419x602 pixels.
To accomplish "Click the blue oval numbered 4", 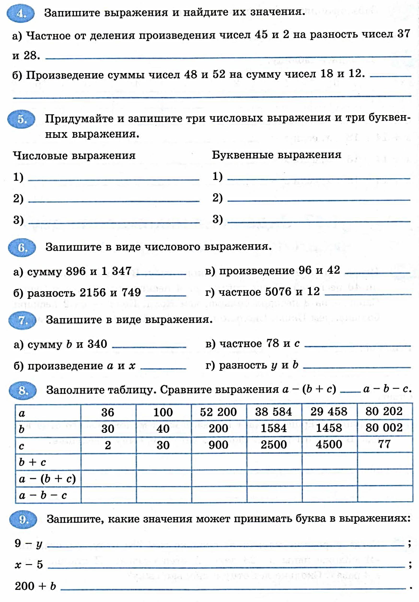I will [x=20, y=13].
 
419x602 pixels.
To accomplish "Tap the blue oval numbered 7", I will [x=22, y=320].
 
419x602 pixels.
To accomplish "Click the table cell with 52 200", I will [x=218, y=412].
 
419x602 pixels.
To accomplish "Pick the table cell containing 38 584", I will [x=274, y=412].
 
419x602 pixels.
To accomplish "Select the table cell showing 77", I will [x=384, y=444].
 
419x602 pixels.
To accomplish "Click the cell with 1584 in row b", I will [x=274, y=428].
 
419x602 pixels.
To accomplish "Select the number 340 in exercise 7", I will [x=97, y=344].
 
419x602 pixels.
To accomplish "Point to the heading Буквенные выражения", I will [x=277, y=155].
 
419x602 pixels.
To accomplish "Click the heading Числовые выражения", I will [x=74, y=156].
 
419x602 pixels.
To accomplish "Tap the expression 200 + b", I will [x=35, y=586].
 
